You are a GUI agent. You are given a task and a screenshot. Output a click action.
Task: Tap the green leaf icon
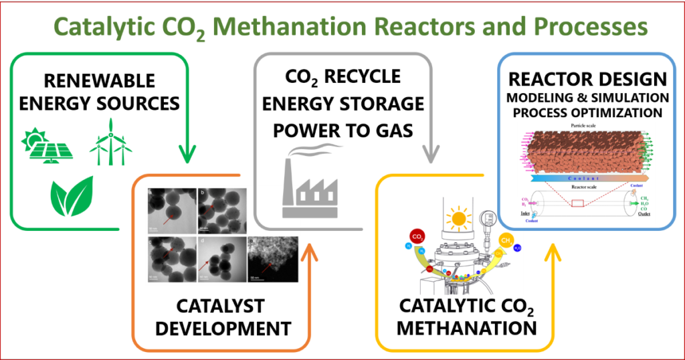coord(72,195)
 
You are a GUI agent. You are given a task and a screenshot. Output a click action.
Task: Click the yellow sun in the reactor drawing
coord(459,219)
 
